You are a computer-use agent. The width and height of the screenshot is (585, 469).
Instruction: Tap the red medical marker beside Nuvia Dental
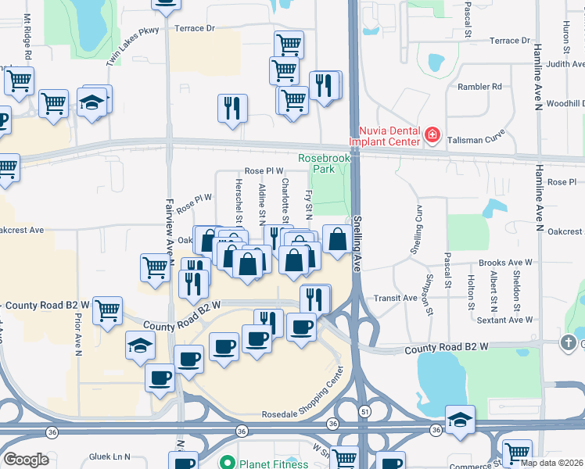tap(431, 136)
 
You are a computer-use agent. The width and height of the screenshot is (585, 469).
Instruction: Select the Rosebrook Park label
tap(316, 163)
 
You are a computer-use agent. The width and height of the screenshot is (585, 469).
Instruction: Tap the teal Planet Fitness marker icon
tap(228, 462)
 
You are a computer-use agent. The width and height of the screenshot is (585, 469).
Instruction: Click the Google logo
tap(26, 460)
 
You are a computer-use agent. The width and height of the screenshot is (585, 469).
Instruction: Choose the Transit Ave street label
tap(396, 298)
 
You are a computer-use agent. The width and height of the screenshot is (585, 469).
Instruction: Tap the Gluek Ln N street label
tap(109, 456)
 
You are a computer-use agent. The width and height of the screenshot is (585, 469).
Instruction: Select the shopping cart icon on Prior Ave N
tap(107, 310)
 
